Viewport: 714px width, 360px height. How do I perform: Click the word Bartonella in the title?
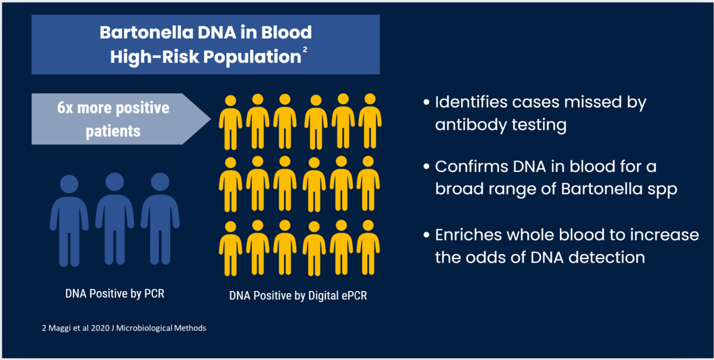coord(146,33)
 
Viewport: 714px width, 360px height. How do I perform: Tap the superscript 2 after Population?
coord(305,49)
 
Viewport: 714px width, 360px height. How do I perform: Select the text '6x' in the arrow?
coord(65,108)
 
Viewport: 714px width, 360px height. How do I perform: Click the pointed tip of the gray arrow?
coord(211,119)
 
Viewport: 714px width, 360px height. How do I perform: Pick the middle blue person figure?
coord(115,219)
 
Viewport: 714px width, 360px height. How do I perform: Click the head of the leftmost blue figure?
coord(69,184)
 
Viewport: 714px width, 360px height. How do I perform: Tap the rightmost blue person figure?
coord(160,219)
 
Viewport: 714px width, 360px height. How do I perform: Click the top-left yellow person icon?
coord(230,123)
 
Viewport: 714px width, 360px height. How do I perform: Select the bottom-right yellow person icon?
coord(368,248)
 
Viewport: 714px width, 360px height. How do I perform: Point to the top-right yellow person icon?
coord(369,121)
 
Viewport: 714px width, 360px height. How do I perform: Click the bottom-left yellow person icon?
coord(230,249)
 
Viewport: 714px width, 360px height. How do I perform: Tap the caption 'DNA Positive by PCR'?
coord(115,294)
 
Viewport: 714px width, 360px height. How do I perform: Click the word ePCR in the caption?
coord(354,296)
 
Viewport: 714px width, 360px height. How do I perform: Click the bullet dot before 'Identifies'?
coord(427,102)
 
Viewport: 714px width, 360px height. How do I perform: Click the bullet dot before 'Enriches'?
coord(427,235)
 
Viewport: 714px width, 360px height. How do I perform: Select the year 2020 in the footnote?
coord(100,328)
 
